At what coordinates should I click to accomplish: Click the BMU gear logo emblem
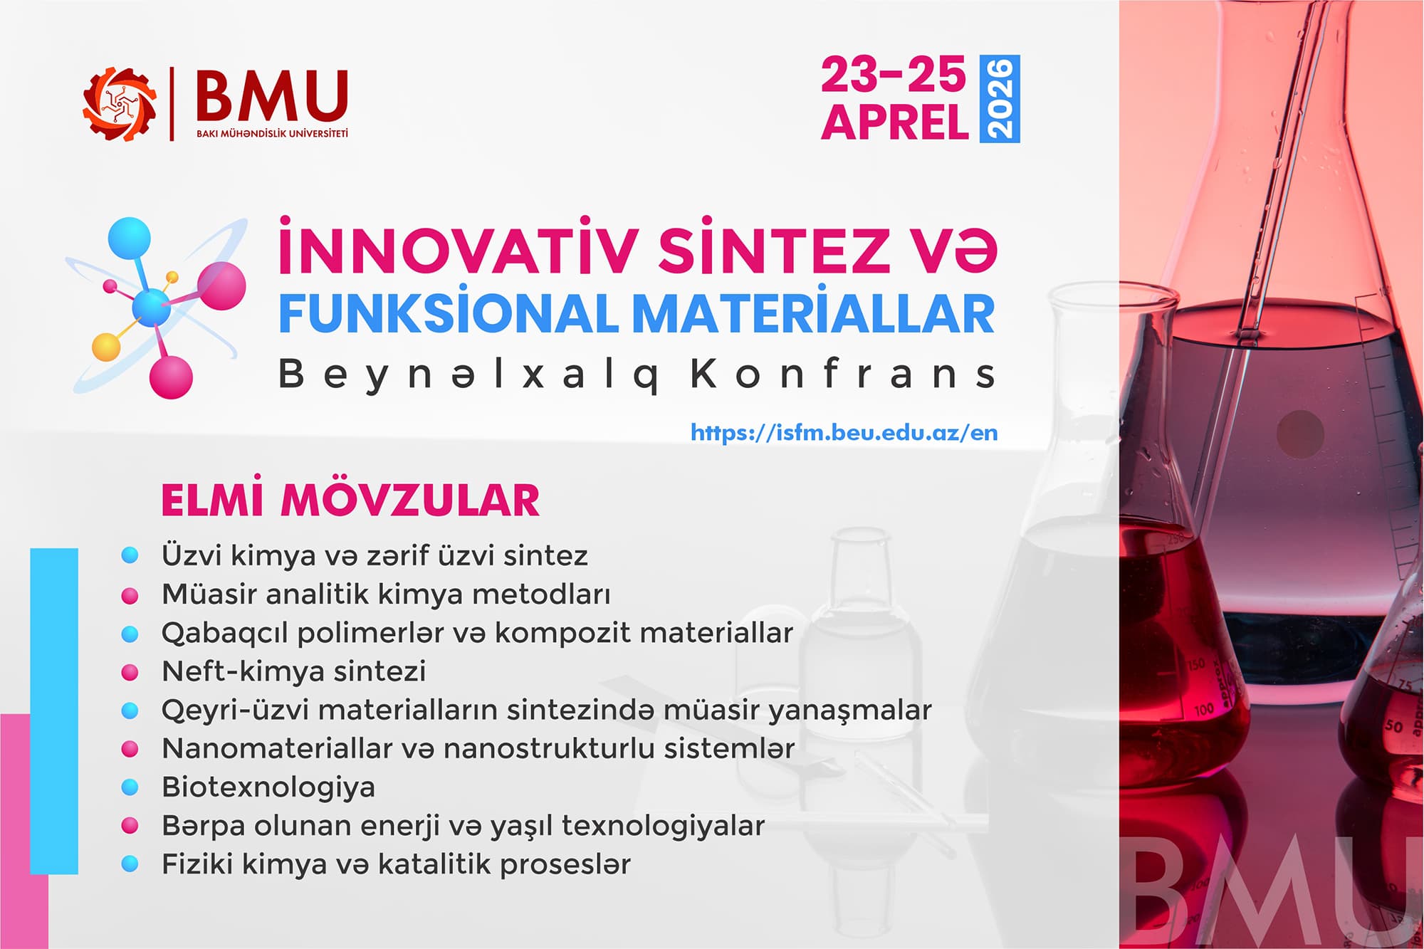120,104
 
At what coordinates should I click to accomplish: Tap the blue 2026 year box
1000,98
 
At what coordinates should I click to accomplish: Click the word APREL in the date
894,122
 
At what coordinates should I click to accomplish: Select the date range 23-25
894,75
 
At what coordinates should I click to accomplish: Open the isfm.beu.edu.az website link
844,433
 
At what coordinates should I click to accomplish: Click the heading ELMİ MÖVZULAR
350,500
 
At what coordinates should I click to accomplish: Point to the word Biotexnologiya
268,787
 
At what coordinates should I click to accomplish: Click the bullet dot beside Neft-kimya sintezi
130,672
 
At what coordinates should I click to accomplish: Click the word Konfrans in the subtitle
843,374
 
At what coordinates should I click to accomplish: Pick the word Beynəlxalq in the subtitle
468,374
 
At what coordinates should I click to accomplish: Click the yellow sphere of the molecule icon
107,347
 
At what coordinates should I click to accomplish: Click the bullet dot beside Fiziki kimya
130,864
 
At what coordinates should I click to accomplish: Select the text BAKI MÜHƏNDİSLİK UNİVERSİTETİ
272,133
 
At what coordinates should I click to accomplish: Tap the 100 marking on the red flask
1203,709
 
